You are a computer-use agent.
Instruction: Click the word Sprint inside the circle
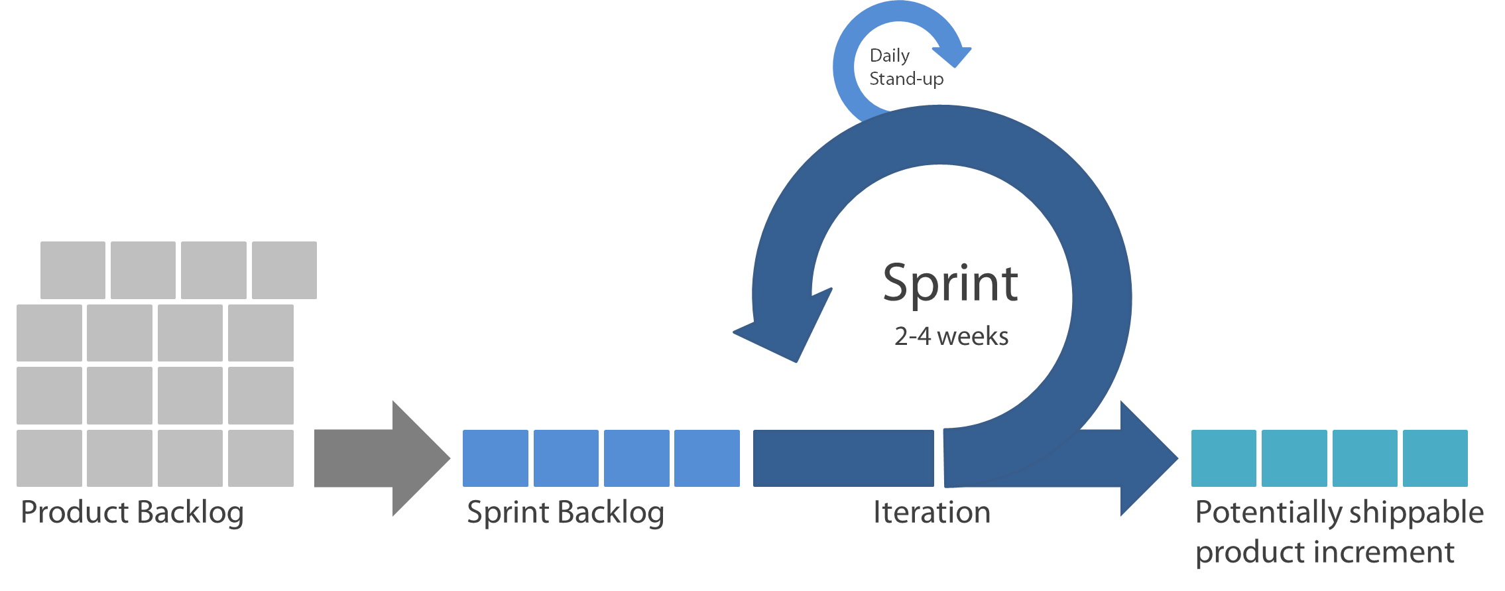coord(950,285)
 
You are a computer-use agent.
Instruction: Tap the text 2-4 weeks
coord(951,336)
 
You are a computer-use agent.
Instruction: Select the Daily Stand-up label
coord(906,67)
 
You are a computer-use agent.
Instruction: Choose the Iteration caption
coord(932,512)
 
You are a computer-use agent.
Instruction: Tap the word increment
coord(1383,553)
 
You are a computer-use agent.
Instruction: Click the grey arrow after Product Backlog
coord(383,458)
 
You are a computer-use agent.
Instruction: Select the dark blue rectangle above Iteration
coord(843,458)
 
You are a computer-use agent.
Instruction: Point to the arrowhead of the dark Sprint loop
coord(782,326)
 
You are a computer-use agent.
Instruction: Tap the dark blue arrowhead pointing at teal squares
coord(1149,458)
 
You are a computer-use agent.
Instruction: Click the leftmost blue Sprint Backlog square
coord(495,458)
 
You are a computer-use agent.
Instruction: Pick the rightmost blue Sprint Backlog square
coord(707,458)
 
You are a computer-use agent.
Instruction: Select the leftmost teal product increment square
coord(1224,458)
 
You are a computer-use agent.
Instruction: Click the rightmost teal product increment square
coord(1435,458)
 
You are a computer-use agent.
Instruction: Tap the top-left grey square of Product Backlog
coord(73,270)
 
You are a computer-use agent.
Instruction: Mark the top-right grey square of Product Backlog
coord(284,270)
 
